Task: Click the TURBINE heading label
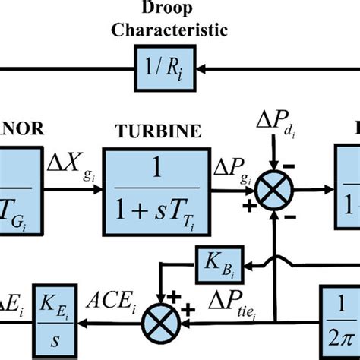coord(158,131)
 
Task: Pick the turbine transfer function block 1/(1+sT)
coord(156,182)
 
